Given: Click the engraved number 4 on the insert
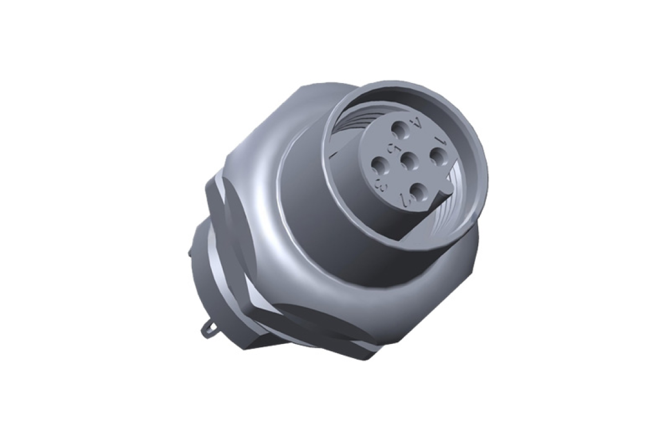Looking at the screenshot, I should (416, 123).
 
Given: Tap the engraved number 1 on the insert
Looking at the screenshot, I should (440, 140).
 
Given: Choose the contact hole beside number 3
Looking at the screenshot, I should (379, 167).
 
